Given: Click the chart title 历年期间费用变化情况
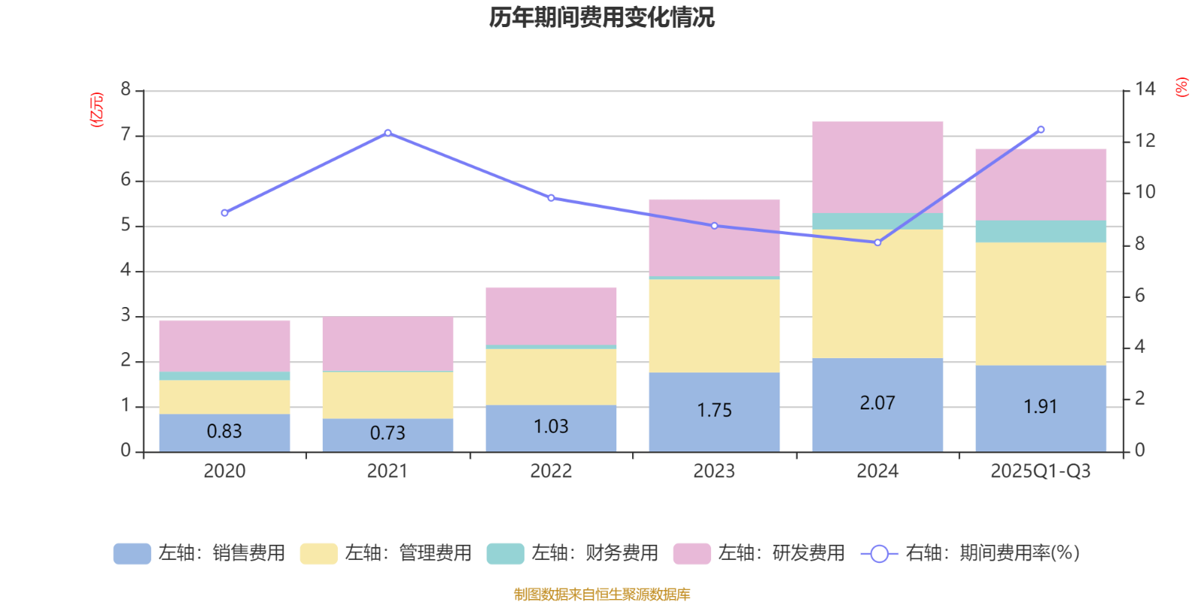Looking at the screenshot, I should [601, 17].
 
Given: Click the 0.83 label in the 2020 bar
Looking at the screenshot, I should [224, 431].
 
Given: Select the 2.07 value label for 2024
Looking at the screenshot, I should [877, 403].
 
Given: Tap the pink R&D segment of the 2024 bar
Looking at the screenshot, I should [877, 167].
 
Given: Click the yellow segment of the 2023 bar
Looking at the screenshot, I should [714, 325].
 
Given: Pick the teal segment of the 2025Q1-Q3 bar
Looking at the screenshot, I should [1041, 231].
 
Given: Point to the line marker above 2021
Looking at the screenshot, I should [388, 132].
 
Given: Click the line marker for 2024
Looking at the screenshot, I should [877, 242].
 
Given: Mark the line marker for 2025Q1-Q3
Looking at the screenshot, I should [1041, 129].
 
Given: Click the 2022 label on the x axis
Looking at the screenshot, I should [551, 471].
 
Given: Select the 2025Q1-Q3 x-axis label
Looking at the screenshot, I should [1040, 471].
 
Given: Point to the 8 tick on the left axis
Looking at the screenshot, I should [126, 90].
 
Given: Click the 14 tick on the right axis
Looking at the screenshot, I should [1145, 89].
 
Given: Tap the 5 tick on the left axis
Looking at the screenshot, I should [126, 226].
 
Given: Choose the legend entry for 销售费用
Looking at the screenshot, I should [199, 553].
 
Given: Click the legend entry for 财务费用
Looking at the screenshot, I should [573, 553].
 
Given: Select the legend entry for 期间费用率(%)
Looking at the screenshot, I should [971, 553].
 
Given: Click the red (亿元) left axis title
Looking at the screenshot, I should [97, 110].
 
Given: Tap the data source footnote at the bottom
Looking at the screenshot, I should [601, 594].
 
